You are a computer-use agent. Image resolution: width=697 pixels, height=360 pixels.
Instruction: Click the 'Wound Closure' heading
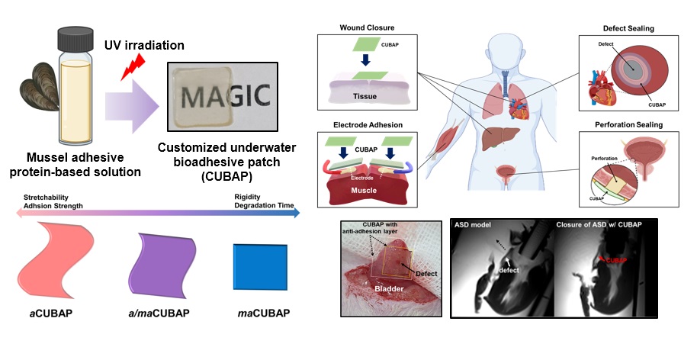(x=367, y=28)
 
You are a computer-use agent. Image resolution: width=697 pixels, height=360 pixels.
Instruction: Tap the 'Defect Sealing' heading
(x=627, y=28)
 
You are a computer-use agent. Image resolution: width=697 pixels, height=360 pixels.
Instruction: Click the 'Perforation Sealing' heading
(x=627, y=124)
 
